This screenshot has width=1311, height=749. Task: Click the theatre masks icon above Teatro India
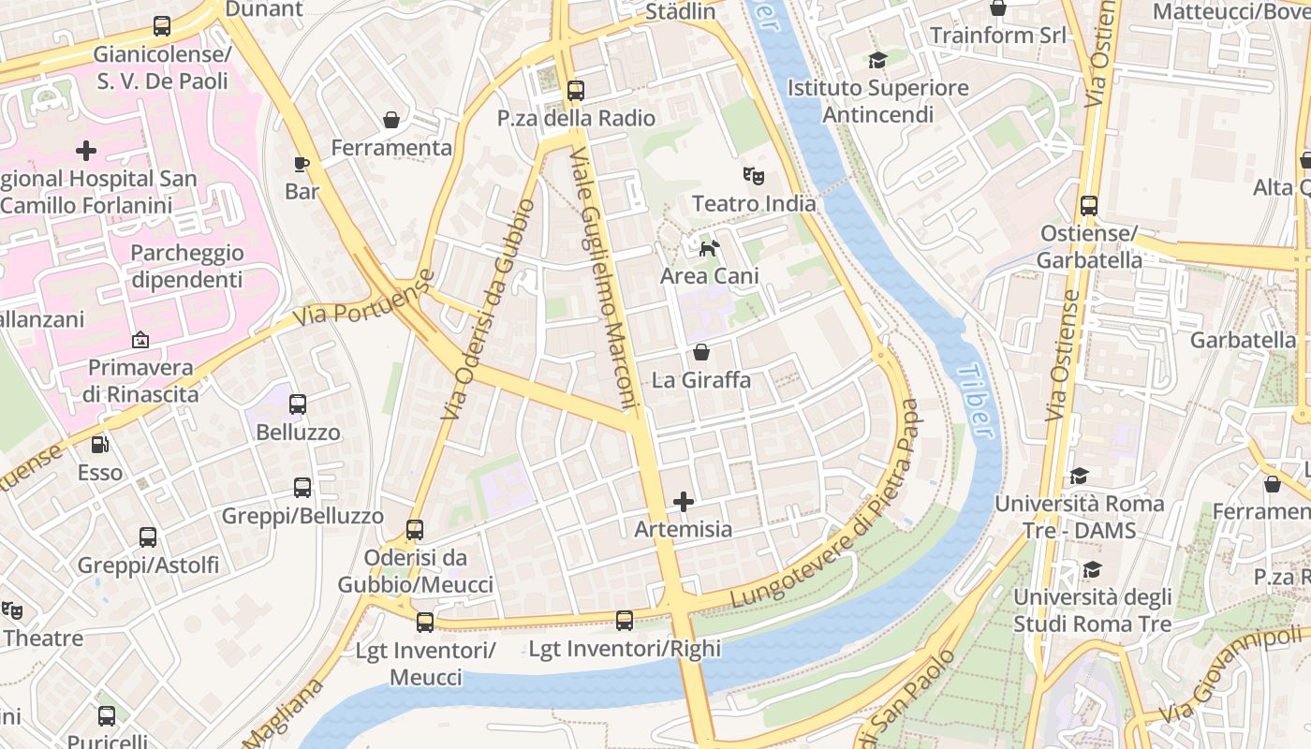753,175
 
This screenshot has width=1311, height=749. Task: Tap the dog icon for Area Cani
710,248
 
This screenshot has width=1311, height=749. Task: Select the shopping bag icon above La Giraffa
701,352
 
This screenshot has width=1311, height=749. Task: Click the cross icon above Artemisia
684,502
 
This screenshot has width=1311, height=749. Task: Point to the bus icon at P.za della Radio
575,91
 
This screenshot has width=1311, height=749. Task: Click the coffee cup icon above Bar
302,164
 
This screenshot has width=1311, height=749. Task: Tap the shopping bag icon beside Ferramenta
391,120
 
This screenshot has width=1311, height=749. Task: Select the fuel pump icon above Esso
99,445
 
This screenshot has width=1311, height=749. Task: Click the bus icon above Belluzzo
298,404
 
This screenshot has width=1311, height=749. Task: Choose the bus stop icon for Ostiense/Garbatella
1088,206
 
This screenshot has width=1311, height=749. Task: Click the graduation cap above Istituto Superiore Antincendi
877,61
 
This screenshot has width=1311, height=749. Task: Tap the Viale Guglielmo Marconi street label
604,279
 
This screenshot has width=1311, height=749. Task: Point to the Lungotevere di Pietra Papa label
825,504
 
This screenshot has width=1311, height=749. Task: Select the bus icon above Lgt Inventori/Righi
625,620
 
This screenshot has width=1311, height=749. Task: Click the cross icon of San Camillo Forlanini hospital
86,150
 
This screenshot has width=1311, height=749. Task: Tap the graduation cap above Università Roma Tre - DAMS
1079,476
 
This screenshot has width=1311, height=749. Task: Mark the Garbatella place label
1243,340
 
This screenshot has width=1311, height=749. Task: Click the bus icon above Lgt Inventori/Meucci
425,622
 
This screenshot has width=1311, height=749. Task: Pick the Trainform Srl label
997,36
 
